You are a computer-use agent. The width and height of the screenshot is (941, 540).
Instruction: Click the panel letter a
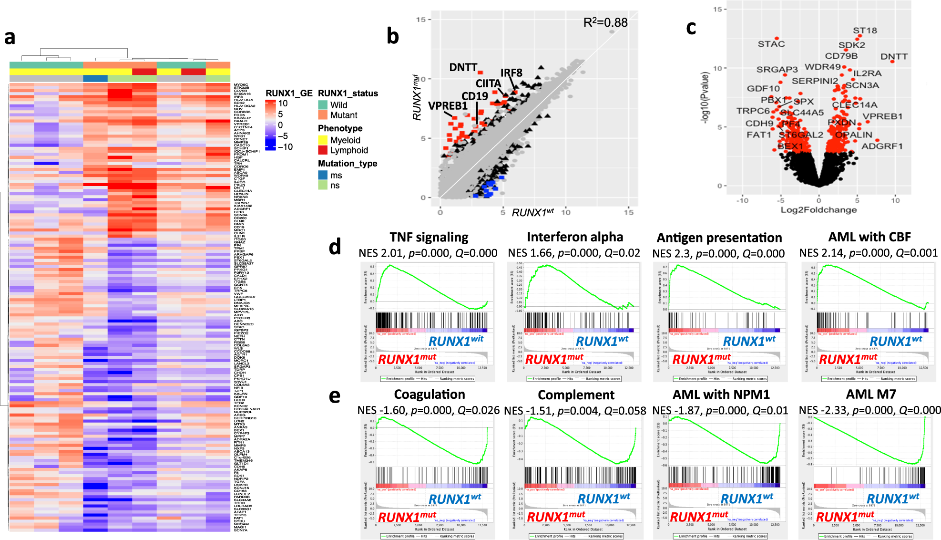tap(10, 37)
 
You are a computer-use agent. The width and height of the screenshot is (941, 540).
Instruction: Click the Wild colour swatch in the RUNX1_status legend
tap(323, 105)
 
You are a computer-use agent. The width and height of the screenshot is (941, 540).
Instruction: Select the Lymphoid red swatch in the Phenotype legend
tap(323, 150)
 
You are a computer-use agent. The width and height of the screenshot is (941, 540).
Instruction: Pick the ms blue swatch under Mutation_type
tap(323, 175)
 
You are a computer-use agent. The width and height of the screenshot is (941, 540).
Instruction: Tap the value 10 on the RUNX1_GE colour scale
tap(283, 104)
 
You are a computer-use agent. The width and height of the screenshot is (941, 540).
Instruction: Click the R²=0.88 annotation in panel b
tap(605, 22)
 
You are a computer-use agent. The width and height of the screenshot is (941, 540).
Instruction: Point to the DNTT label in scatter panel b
tap(463, 67)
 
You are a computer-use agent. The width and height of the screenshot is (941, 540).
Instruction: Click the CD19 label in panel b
tap(474, 96)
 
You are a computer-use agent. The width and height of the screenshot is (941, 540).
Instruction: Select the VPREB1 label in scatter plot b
tap(447, 106)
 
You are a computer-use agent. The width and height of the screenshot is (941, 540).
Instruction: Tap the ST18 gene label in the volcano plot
tap(865, 31)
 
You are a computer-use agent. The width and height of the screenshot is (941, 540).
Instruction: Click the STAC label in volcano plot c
tap(771, 44)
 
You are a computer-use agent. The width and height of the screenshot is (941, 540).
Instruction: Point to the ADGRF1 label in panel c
tap(882, 146)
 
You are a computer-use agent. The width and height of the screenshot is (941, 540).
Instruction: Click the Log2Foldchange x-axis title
tap(818, 210)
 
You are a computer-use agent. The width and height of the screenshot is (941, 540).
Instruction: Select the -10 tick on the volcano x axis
tap(742, 200)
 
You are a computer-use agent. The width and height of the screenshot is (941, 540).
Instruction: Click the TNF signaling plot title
tap(429, 237)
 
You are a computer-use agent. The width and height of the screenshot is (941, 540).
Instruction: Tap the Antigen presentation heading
tap(719, 238)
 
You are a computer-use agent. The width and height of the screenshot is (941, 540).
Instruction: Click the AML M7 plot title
tap(870, 395)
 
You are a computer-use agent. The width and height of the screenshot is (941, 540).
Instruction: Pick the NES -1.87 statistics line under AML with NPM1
tap(720, 410)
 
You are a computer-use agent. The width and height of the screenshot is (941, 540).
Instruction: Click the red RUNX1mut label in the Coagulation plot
tap(407, 517)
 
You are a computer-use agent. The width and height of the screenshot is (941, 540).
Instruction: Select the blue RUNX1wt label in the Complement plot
tap(603, 498)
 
